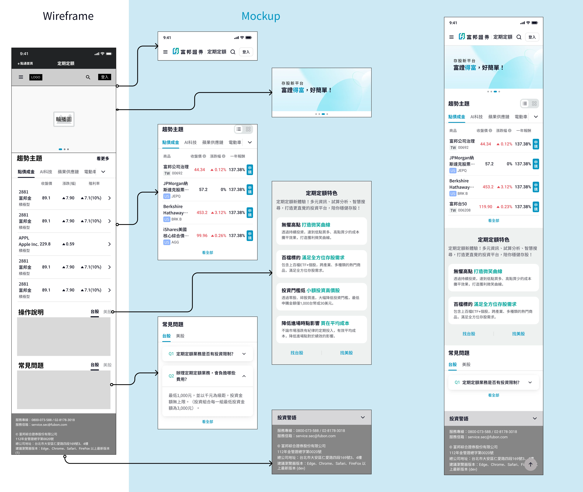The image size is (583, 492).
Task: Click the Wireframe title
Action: pyautogui.click(x=68, y=16)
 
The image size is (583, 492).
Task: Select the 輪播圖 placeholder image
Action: pyautogui.click(x=64, y=119)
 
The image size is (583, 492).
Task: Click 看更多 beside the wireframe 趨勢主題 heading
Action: pyautogui.click(x=103, y=158)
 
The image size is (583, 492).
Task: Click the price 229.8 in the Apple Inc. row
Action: pyautogui.click(x=45, y=244)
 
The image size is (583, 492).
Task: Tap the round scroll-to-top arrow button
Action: pyautogui.click(x=531, y=464)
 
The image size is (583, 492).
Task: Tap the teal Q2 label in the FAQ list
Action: pyautogui.click(x=171, y=376)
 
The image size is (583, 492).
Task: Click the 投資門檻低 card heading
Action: pyautogui.click(x=293, y=290)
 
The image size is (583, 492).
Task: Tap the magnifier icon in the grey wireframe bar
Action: pyautogui.click(x=88, y=77)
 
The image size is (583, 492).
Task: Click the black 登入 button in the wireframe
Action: pyautogui.click(x=105, y=77)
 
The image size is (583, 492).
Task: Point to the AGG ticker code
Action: pyautogui.click(x=175, y=242)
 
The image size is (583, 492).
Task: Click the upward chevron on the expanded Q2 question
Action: pyautogui.click(x=244, y=376)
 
